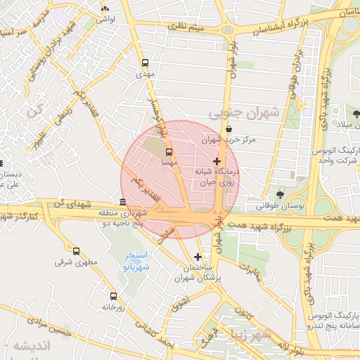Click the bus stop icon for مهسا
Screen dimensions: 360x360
[x=169, y=151]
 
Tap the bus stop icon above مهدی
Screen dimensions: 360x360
[x=145, y=62]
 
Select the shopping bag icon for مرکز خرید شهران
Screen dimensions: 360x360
[x=231, y=129]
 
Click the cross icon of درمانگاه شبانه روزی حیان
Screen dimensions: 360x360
[x=216, y=161]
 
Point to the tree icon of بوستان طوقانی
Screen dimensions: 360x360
[x=281, y=194]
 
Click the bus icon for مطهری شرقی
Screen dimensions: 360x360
[x=77, y=250]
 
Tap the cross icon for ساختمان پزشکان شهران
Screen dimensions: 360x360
[x=198, y=257]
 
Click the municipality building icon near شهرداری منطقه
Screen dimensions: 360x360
[x=123, y=202]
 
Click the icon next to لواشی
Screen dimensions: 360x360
[x=105, y=8]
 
